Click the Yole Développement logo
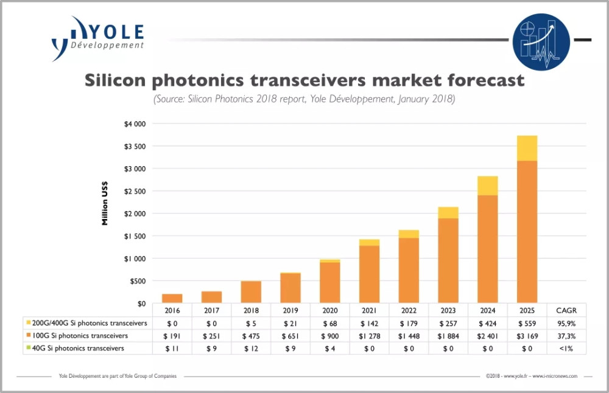click(x=98, y=38)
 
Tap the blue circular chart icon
click(x=541, y=41)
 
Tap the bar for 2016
click(x=172, y=298)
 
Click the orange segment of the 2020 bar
click(x=330, y=282)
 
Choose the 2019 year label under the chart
click(x=290, y=310)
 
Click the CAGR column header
click(x=567, y=310)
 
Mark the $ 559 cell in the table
click(x=528, y=322)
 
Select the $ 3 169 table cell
click(x=528, y=335)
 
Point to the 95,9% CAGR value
click(x=567, y=322)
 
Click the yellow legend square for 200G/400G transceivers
click(x=29, y=322)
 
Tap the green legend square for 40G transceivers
click(x=29, y=348)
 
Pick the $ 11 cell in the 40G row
click(x=172, y=348)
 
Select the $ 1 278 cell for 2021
click(x=370, y=335)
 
